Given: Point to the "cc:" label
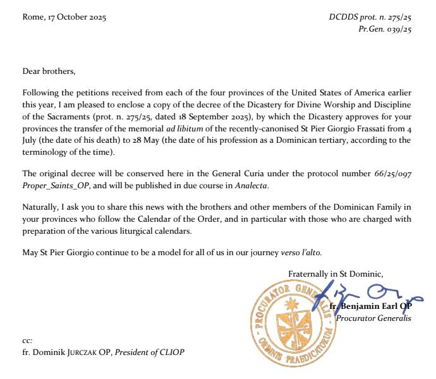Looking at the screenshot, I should (27, 340).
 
